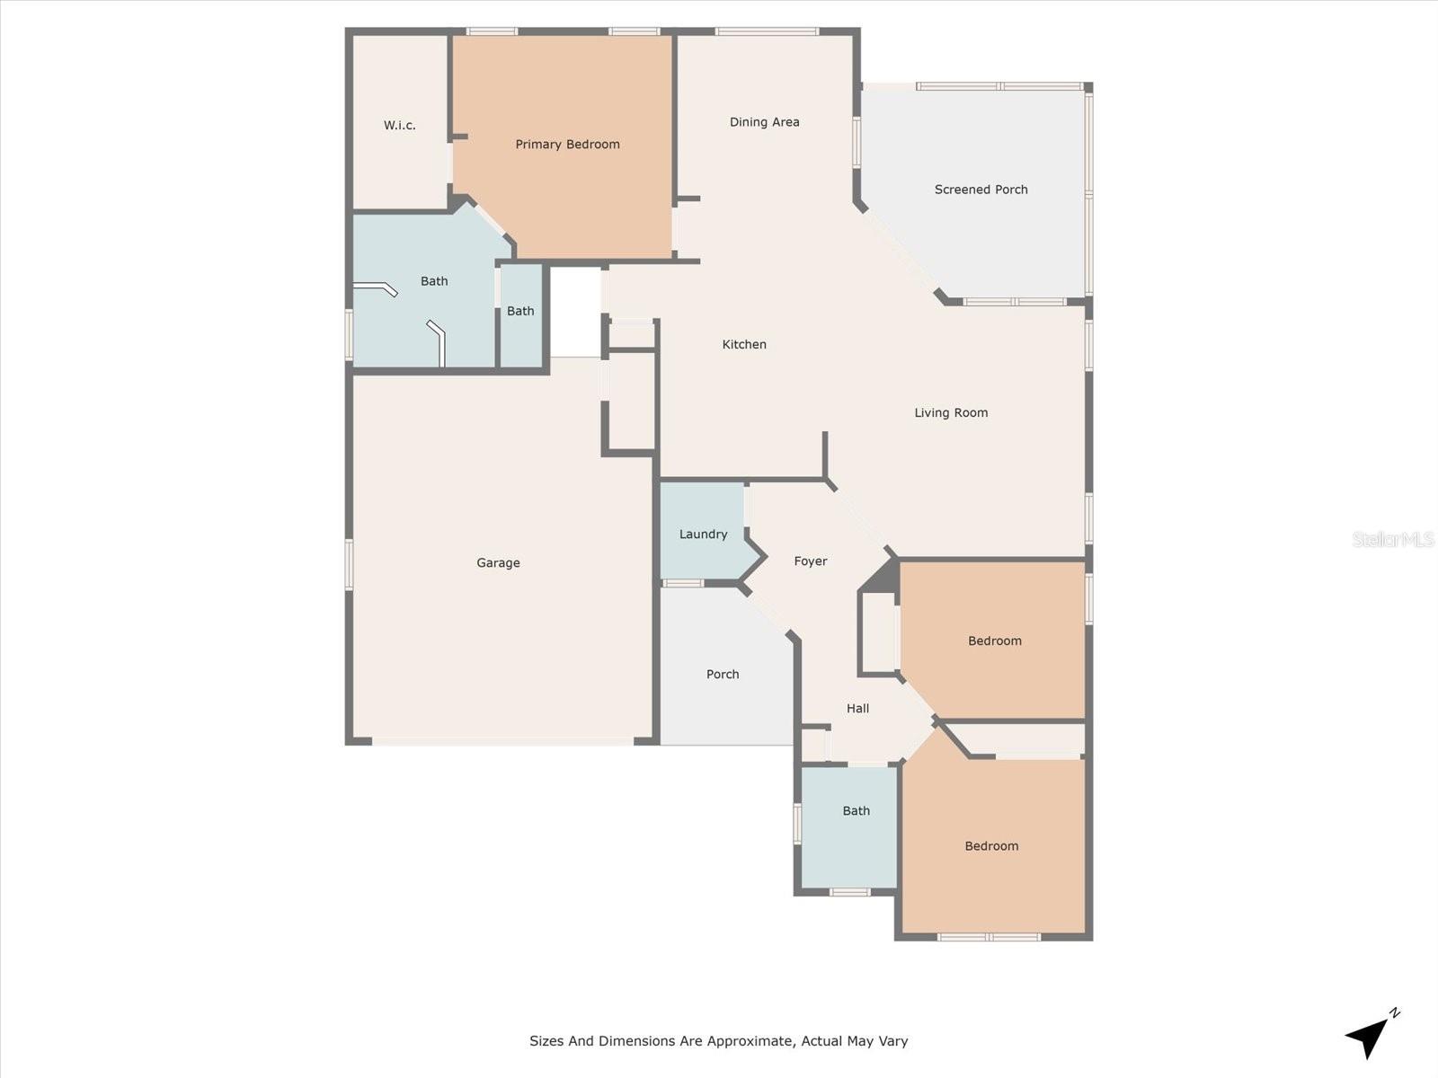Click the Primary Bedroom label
coord(567,145)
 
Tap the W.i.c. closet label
coord(399,126)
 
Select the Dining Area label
coord(764,122)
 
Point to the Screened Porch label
coord(981,190)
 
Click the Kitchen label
coord(744,345)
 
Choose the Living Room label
coord(951,413)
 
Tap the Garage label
coord(498,563)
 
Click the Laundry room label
coord(703,535)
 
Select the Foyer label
coord(810,561)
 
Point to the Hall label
coord(857,709)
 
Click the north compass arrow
coord(1366,1038)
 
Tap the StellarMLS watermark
coord(1393,540)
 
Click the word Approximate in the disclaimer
coord(748,1041)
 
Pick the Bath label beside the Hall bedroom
coord(856,811)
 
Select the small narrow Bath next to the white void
coord(520,312)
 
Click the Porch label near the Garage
coord(723,675)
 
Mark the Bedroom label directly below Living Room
coord(994,641)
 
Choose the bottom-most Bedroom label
coord(991,846)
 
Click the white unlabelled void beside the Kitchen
coord(575,312)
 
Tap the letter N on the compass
coord(1394,1013)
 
